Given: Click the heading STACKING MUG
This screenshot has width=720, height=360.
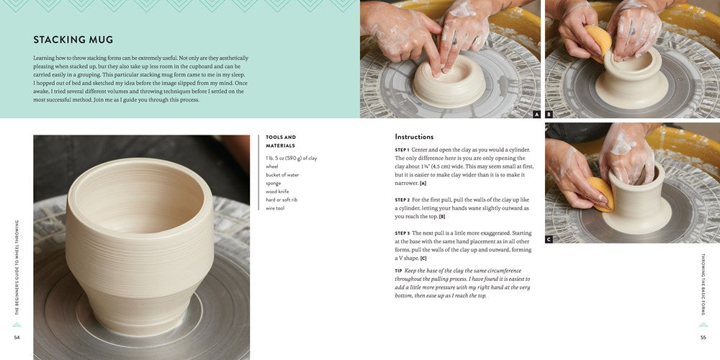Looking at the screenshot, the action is [73, 40].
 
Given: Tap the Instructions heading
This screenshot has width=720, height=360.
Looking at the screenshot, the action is [414, 137].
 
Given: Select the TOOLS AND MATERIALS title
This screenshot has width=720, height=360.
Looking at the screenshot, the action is [281, 141].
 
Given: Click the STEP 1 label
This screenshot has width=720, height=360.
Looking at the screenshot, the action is [402, 150].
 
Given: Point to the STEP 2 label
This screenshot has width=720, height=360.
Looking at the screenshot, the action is [402, 200].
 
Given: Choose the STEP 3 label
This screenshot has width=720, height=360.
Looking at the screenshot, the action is [402, 233].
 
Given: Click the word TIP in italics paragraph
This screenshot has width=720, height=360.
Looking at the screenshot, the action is [399, 271].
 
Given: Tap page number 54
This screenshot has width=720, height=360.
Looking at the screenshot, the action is [17, 338].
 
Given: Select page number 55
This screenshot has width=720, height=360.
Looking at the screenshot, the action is [703, 338].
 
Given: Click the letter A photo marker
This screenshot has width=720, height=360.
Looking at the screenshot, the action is [537, 114].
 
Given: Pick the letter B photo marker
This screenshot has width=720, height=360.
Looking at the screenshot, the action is [549, 114].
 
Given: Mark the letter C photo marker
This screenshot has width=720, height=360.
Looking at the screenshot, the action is [549, 239].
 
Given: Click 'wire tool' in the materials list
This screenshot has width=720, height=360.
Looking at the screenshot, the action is [276, 208].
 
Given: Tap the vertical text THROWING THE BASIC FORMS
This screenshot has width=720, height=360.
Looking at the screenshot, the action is [703, 284].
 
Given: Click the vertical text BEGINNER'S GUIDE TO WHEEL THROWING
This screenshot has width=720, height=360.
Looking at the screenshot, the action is [17, 267].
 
